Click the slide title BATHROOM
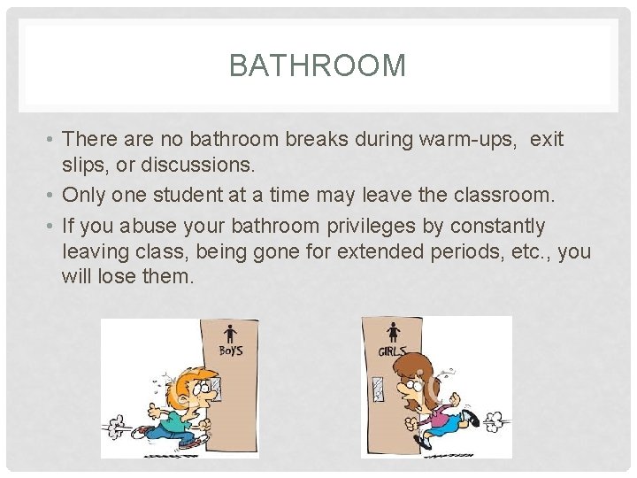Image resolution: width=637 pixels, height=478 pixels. (x=318, y=66)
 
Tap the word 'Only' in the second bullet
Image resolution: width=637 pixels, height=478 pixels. (x=85, y=195)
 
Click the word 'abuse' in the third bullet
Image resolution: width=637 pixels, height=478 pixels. (x=150, y=227)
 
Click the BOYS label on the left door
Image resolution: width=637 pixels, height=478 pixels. (x=232, y=351)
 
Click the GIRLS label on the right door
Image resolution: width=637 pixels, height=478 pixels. (x=394, y=351)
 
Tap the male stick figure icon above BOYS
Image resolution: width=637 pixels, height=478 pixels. (x=231, y=334)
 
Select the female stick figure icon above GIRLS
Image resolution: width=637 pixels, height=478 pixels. (x=393, y=333)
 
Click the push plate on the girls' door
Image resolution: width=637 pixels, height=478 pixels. (x=378, y=388)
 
